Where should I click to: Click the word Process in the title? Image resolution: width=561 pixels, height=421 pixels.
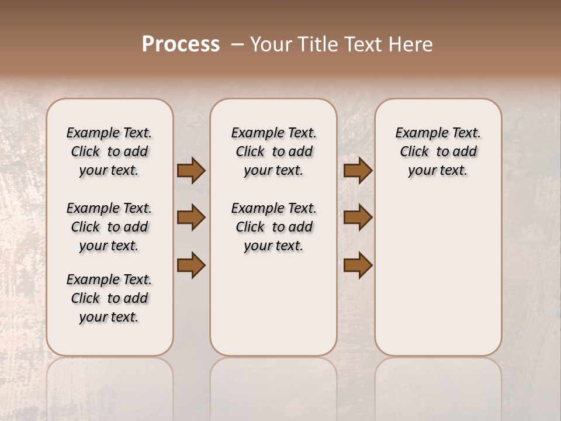tap(181, 44)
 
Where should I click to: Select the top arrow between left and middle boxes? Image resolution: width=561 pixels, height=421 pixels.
tap(191, 171)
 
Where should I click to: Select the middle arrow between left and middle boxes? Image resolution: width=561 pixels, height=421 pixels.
tap(191, 218)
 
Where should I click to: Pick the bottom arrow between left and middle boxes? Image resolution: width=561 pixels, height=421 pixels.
tap(191, 265)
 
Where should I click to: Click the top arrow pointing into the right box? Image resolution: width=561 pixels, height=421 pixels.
tap(358, 171)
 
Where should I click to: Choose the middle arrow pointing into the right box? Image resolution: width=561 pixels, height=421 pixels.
tap(358, 218)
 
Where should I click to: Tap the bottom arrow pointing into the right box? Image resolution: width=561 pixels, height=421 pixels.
tap(358, 265)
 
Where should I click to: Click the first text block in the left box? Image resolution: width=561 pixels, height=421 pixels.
tap(109, 151)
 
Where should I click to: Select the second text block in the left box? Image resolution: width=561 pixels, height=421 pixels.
tap(109, 227)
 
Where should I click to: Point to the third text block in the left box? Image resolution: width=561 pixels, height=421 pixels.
tap(109, 298)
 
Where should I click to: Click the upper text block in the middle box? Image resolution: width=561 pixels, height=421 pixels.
tap(273, 151)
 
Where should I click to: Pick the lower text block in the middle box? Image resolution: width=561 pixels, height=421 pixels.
tap(273, 227)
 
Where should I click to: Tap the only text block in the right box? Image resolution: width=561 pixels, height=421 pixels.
tap(438, 151)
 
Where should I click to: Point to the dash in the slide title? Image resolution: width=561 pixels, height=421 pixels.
tap(237, 44)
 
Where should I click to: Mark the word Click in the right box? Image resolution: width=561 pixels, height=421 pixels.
tap(414, 152)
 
